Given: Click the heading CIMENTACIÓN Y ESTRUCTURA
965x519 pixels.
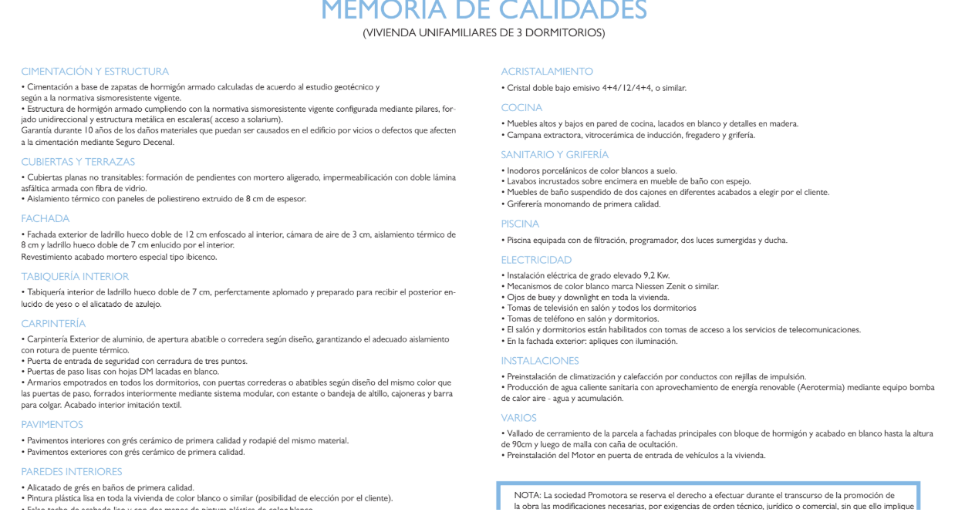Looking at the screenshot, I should point(95,72).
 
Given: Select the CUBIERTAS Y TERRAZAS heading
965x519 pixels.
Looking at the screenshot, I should point(78,162).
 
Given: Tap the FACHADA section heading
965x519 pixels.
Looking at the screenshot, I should point(46,219).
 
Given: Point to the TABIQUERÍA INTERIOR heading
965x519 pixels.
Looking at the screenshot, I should point(75,277).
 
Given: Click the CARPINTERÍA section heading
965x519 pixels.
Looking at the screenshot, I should point(53,324).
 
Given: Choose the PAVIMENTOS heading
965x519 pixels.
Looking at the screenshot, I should point(52,425).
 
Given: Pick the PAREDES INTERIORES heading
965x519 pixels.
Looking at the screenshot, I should point(72,471).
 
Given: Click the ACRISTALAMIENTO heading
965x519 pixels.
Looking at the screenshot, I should point(547,72).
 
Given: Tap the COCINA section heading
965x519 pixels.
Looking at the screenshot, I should point(521,108).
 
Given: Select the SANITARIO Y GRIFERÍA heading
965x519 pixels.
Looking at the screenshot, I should point(555,155).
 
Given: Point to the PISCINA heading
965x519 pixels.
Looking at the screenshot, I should point(520,224).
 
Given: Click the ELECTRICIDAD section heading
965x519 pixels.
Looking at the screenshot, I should point(536,260).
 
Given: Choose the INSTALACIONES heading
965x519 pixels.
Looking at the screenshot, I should point(539,361).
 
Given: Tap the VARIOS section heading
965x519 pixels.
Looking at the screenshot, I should point(518,418).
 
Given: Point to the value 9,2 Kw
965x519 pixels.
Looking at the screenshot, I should point(653,275).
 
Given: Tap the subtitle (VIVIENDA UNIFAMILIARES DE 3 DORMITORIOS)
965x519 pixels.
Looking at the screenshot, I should point(484,32).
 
